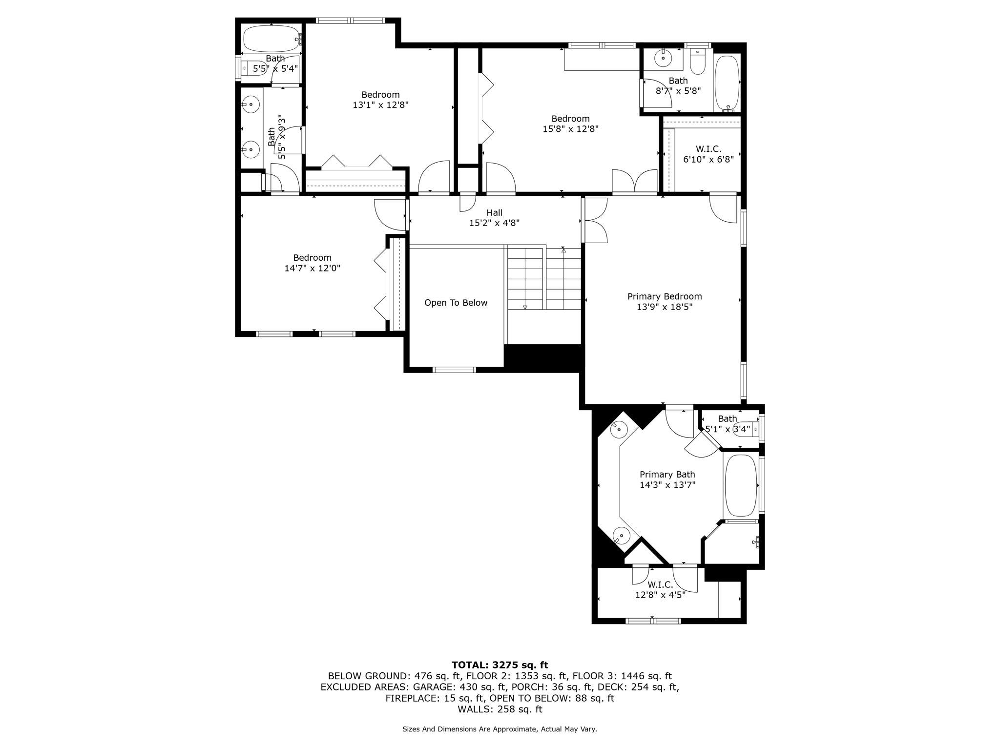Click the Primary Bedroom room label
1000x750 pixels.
click(x=665, y=296)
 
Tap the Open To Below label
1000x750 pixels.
click(x=456, y=303)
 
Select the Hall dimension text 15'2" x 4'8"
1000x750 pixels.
click(x=494, y=223)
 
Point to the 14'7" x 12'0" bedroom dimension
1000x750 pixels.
click(x=312, y=268)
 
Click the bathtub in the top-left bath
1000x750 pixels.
click(x=271, y=39)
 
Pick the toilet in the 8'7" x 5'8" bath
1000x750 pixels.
click(x=698, y=62)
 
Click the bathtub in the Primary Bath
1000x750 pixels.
click(x=741, y=485)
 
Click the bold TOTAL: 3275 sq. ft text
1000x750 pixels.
click(x=500, y=665)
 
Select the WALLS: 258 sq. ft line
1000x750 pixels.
click(x=500, y=709)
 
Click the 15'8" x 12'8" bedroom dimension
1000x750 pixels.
click(x=570, y=129)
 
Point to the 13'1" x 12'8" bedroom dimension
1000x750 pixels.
click(x=380, y=105)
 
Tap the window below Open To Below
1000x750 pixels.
click(x=454, y=370)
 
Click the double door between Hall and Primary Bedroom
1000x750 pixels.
click(x=594, y=220)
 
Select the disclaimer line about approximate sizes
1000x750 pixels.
click(x=500, y=729)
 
